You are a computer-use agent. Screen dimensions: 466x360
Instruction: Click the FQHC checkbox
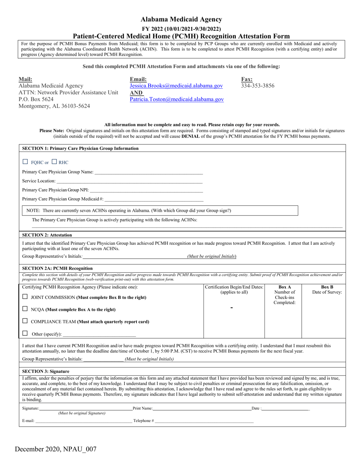(x=25, y=162)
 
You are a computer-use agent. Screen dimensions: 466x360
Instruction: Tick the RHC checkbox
(x=54, y=162)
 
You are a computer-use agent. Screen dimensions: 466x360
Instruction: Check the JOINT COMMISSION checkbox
(x=25, y=297)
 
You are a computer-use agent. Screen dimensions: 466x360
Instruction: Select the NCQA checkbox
(x=25, y=309)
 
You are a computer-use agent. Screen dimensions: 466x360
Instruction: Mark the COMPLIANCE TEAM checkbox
(x=25, y=321)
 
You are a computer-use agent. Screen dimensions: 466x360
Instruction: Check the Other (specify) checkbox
(x=25, y=333)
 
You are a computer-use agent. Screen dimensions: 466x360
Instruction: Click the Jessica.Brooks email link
(x=176, y=86)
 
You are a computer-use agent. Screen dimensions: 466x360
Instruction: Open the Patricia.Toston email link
(x=177, y=99)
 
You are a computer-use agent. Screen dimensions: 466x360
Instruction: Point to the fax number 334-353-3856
(x=258, y=86)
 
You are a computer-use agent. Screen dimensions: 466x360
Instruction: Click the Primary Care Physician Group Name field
(x=149, y=172)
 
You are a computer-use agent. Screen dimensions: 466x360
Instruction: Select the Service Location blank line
(x=130, y=181)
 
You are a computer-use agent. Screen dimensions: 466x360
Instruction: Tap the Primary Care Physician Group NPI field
(x=146, y=191)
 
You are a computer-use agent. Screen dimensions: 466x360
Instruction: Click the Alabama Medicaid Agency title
(x=181, y=19)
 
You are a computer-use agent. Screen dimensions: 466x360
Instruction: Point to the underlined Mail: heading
(x=25, y=79)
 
